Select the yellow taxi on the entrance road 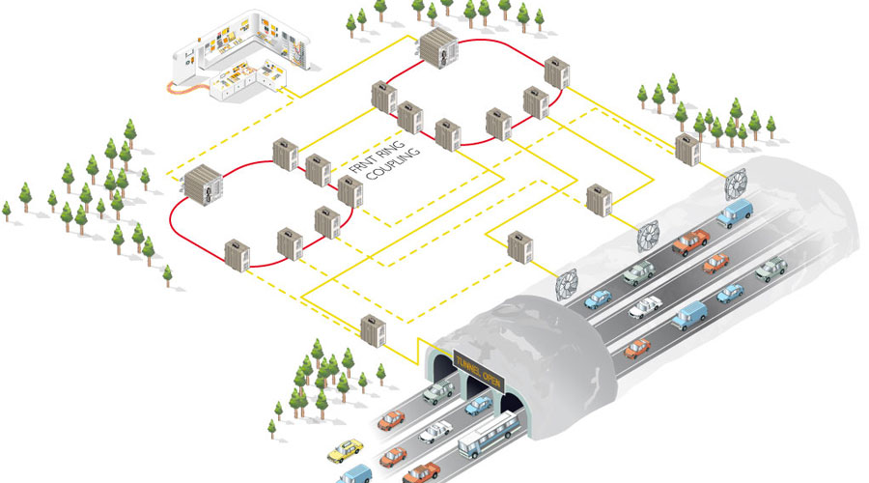coord(346,450)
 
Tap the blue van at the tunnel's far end coord(736,213)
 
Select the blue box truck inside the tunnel coord(689,315)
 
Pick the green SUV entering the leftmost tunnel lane coord(436,390)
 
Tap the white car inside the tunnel coord(644,308)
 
